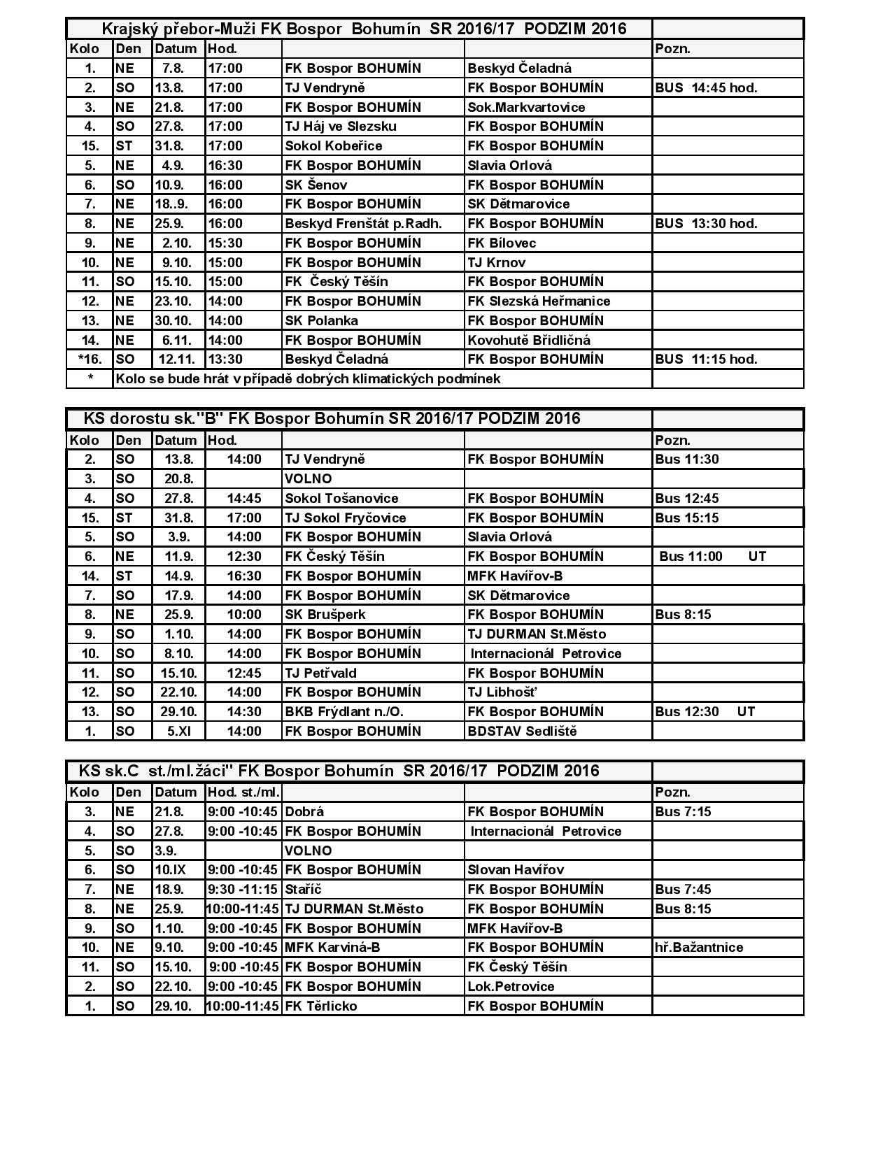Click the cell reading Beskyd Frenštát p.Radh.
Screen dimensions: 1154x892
363,224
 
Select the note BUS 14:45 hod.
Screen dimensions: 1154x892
706,88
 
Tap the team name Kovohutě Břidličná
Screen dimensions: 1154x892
528,341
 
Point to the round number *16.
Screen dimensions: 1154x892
90,359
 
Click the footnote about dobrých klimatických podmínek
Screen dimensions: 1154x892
308,379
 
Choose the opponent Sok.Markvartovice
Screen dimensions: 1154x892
526,108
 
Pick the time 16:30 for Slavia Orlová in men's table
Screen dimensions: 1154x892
225,166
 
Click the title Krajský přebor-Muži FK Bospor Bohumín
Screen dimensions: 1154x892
364,29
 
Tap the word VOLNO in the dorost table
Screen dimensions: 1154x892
309,479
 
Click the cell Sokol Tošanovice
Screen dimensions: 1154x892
341,499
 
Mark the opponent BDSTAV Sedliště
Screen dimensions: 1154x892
522,732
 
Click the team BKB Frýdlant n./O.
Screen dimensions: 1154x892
344,712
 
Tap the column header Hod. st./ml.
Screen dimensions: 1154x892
243,792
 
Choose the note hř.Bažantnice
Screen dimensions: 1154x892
699,948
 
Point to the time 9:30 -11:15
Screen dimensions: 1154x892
243,890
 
